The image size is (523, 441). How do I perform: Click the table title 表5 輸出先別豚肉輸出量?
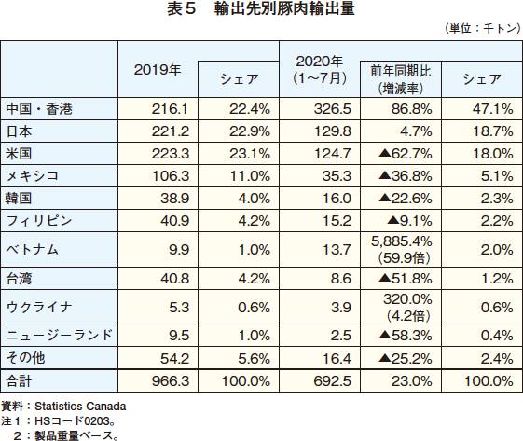click(261, 9)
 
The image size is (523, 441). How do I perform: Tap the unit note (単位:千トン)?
click(482, 28)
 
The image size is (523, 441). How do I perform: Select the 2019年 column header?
click(158, 70)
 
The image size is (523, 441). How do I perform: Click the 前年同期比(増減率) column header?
click(401, 80)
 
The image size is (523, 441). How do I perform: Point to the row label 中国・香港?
click(39, 109)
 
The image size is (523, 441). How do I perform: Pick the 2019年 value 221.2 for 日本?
click(171, 131)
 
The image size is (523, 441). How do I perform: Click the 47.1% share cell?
click(493, 109)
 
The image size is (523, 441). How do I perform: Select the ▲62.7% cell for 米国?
click(406, 154)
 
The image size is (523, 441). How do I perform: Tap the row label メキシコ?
click(33, 176)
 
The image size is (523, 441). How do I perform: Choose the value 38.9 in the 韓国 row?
click(174, 199)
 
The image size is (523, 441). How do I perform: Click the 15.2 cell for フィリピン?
click(337, 221)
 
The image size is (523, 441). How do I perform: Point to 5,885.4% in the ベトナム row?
click(402, 241)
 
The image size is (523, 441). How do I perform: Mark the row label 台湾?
click(19, 278)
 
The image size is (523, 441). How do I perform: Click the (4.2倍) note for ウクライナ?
click(408, 315)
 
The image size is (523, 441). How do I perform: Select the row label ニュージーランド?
click(60, 335)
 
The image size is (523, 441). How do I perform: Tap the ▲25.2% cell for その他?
click(406, 359)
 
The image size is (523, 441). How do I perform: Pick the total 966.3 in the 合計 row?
click(171, 381)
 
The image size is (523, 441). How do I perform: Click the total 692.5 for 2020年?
click(333, 381)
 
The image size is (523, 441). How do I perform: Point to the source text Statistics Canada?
click(80, 407)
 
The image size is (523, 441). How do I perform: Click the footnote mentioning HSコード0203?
click(58, 421)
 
